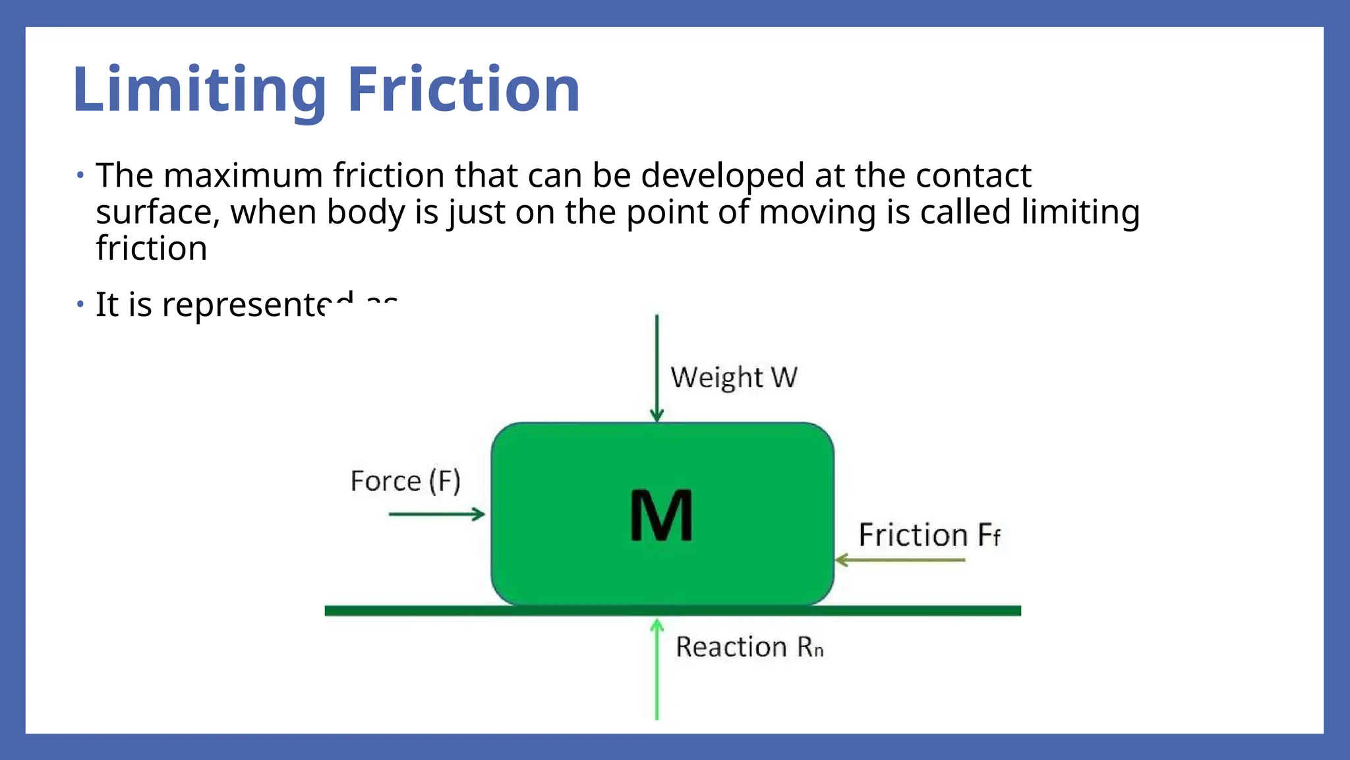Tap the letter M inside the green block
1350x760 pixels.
(661, 515)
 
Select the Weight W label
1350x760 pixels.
(734, 378)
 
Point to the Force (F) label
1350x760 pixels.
(405, 481)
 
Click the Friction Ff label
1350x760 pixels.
(929, 535)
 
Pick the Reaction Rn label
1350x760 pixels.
(749, 647)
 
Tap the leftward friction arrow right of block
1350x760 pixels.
(900, 560)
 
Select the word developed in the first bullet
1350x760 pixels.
(722, 175)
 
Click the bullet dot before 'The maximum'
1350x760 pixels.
(80, 175)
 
